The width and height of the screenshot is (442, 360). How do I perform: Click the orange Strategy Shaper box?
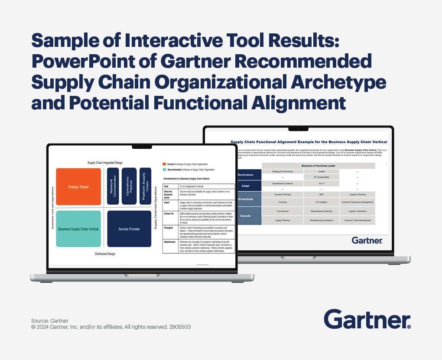tap(78, 187)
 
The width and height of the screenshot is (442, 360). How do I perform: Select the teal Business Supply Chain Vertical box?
tap(78, 229)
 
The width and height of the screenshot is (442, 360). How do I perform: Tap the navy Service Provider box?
tap(129, 229)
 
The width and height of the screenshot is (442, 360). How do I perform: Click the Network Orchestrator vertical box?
tap(113, 186)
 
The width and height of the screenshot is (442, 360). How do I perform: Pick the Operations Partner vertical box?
tap(129, 186)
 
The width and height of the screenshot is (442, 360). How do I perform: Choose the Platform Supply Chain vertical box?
tap(145, 186)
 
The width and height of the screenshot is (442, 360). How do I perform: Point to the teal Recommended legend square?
tap(164, 170)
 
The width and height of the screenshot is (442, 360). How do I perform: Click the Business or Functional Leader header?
tap(318, 166)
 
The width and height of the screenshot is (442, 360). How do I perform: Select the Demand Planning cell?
tap(283, 195)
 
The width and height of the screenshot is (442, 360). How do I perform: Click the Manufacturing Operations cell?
tap(321, 220)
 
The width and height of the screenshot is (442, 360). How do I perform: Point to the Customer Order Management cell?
tap(357, 220)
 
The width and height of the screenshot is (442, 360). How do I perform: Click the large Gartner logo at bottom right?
tap(367, 319)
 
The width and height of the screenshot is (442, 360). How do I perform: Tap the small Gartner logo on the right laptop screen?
tap(367, 240)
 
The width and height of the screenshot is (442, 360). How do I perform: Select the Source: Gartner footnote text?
tap(50, 321)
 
